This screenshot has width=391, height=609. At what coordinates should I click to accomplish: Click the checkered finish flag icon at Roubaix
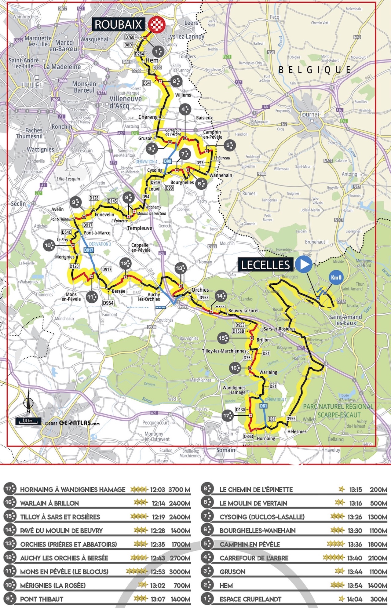[157, 24]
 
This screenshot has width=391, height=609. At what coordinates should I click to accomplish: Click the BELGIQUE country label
[315, 70]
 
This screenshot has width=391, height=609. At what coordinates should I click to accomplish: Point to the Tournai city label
[309, 114]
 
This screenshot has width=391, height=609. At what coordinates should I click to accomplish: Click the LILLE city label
[30, 85]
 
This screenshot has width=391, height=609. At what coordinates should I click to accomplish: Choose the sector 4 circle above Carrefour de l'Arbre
[185, 109]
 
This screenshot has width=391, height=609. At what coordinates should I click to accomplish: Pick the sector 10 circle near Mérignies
[49, 245]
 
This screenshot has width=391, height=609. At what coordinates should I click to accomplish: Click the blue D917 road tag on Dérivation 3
[89, 250]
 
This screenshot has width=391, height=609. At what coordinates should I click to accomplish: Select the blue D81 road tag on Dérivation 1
[263, 406]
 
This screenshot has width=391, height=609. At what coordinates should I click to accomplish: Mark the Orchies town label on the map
[200, 290]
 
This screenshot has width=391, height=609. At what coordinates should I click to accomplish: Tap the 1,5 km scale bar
[28, 421]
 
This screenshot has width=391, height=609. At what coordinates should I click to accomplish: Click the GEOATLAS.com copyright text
[72, 423]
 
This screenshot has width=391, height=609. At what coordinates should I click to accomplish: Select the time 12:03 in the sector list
[158, 490]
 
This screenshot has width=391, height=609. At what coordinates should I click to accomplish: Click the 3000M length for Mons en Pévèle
[180, 572]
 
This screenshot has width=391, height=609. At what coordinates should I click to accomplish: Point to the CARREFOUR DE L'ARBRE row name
[254, 558]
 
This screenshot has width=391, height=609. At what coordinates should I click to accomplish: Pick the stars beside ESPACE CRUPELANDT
[342, 599]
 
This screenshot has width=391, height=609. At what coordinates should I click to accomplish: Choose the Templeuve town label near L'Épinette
[140, 228]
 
